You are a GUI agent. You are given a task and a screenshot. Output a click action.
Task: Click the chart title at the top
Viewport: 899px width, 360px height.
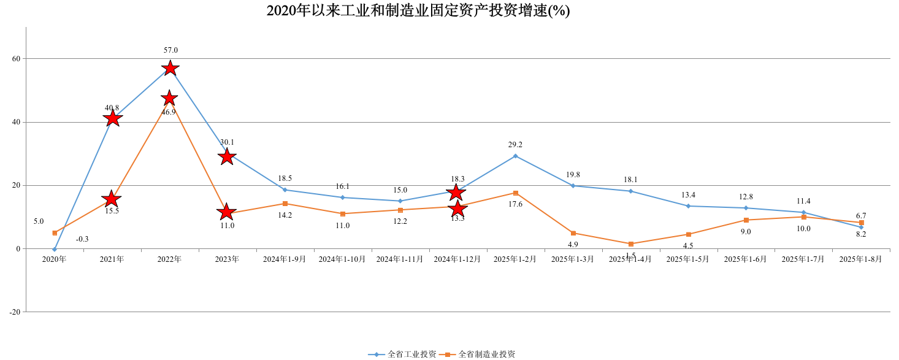(x=418, y=10)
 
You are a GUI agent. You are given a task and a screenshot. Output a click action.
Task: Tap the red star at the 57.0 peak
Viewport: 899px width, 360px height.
(x=170, y=67)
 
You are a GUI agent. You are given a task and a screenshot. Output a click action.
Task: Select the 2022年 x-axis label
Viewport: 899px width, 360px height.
(x=169, y=259)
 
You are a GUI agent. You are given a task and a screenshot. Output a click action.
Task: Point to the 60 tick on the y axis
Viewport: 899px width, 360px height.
(x=15, y=59)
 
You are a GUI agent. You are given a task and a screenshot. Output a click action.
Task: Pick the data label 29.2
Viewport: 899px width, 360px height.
(x=515, y=145)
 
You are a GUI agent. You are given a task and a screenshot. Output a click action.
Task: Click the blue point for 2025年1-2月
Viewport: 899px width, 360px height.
(x=515, y=156)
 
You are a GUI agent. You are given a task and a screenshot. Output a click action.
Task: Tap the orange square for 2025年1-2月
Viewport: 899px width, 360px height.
(x=515, y=193)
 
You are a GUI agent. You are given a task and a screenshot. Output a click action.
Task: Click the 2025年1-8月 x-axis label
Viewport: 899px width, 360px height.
(x=860, y=259)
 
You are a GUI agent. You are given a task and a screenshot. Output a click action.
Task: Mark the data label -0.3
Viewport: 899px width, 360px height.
(x=82, y=239)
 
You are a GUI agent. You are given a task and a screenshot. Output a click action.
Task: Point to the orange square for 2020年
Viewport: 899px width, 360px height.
(x=55, y=233)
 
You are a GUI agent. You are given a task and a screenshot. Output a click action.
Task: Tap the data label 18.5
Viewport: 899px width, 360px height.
(x=285, y=178)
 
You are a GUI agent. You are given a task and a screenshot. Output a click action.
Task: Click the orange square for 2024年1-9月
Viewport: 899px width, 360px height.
(x=285, y=204)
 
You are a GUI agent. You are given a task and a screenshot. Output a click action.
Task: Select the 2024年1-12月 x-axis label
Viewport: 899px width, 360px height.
(x=457, y=259)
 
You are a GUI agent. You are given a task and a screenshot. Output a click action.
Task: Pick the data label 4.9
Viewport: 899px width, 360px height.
(x=573, y=244)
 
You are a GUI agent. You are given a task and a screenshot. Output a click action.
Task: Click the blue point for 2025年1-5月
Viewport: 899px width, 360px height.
(x=688, y=206)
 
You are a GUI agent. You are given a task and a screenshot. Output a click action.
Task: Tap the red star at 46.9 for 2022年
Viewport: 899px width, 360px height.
(x=169, y=98)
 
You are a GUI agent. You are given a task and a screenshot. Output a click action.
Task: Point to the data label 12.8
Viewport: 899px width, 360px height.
(x=746, y=197)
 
